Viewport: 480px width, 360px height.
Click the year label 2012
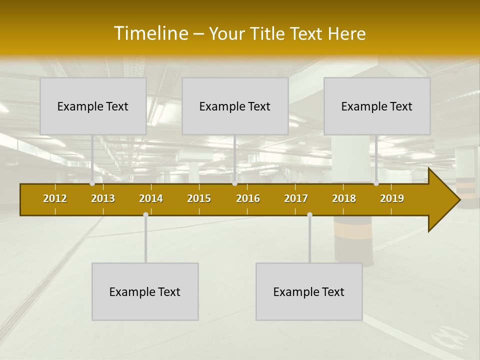click(55, 198)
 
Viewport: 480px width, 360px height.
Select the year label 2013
click(103, 198)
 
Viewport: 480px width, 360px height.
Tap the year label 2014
click(151, 198)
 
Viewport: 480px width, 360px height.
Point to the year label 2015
click(199, 198)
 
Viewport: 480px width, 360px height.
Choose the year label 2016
click(248, 198)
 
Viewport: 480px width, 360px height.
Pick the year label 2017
click(296, 198)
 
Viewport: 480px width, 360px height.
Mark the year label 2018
click(344, 198)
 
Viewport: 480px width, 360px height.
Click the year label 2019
click(392, 198)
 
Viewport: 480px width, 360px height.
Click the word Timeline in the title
click(150, 33)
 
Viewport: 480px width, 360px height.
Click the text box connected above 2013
click(93, 106)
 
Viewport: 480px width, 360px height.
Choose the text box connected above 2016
click(235, 106)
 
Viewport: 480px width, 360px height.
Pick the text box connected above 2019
click(377, 106)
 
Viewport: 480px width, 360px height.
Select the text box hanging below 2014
click(145, 291)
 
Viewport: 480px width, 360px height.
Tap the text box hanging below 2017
click(309, 291)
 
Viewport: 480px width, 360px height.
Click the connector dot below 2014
click(145, 215)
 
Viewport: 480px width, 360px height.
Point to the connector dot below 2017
click(309, 215)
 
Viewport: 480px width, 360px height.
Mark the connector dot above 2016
click(234, 183)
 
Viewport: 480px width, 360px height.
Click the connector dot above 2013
click(92, 183)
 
